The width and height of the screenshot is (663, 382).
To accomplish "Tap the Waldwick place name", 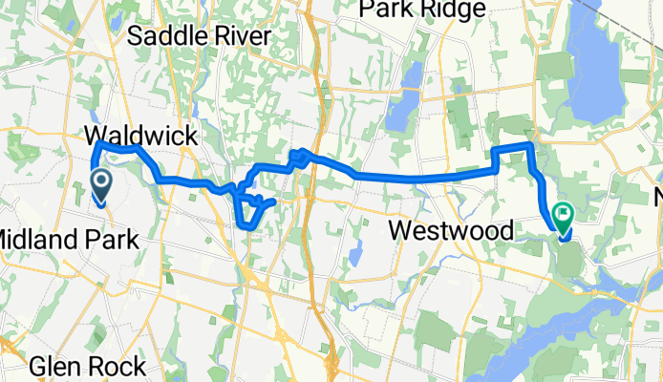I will (x=141, y=135).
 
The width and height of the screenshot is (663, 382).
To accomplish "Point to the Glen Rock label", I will (x=88, y=366).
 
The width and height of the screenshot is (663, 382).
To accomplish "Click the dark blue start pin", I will (x=99, y=182).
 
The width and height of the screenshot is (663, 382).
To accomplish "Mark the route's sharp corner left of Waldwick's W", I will (x=97, y=143).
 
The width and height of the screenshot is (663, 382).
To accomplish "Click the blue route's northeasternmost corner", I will (x=529, y=143).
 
